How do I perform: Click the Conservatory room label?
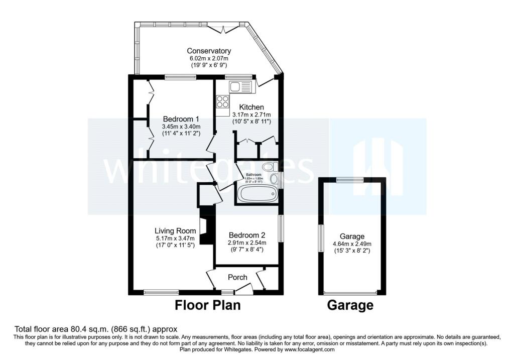coord(209,51)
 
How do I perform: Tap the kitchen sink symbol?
coord(242,87)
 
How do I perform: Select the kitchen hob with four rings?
coord(222,102)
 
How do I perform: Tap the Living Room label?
coord(175,230)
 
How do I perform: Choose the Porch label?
coord(237,277)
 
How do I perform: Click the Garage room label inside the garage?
coord(352,236)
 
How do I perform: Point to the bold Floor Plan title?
coord(207,305)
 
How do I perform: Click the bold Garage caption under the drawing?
coord(350,305)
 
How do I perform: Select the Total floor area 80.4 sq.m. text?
coord(96,329)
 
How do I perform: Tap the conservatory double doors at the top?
coord(222,28)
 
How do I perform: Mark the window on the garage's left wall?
coord(321,238)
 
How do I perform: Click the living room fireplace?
coord(204,226)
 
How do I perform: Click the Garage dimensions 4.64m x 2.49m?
coord(352,244)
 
